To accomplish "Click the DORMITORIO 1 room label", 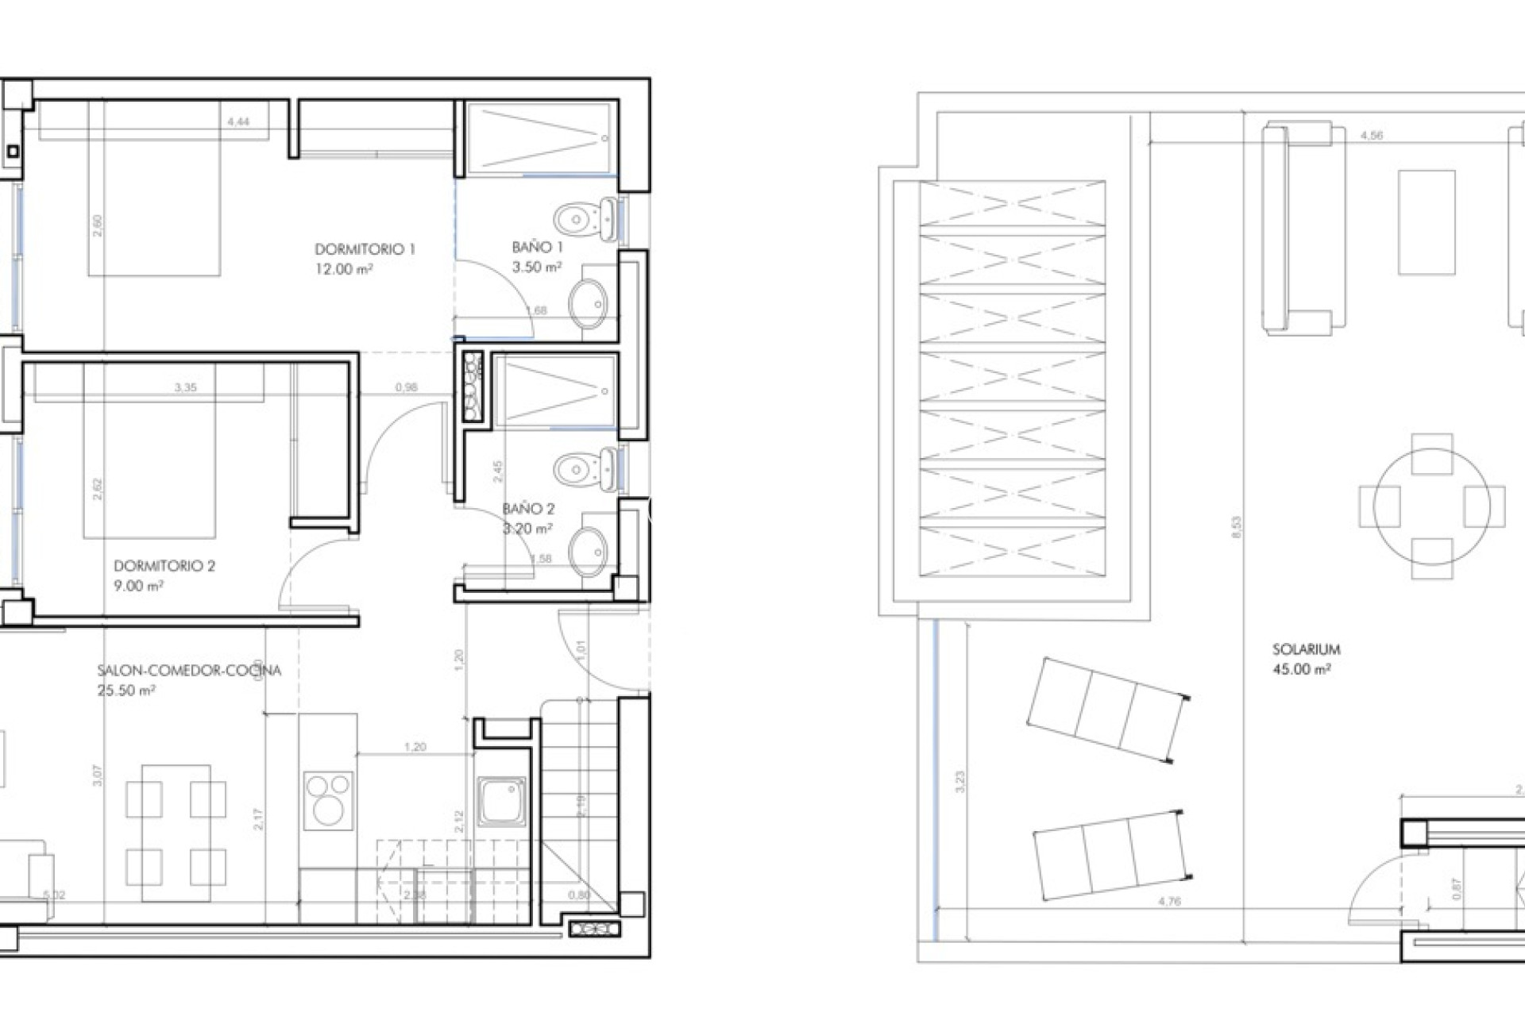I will click(x=365, y=249).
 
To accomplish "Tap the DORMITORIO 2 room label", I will click(x=164, y=566).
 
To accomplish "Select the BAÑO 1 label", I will click(x=538, y=248).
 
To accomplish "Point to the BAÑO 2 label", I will click(x=528, y=509).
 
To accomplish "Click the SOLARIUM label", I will click(x=1306, y=649).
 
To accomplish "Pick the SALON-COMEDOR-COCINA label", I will click(x=189, y=671).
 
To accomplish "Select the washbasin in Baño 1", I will click(x=589, y=302).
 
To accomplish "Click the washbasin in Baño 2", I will click(x=589, y=552).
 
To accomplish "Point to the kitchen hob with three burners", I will click(x=329, y=800).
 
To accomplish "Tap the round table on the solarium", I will click(x=1431, y=506).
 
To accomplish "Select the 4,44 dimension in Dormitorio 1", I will click(x=238, y=121).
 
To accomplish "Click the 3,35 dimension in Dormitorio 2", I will click(x=185, y=387).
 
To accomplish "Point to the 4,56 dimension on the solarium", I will click(x=1372, y=136).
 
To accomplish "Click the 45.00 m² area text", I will click(x=1302, y=669).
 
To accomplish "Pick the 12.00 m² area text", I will click(x=344, y=269).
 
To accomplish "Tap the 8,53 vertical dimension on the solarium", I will click(x=1236, y=527).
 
